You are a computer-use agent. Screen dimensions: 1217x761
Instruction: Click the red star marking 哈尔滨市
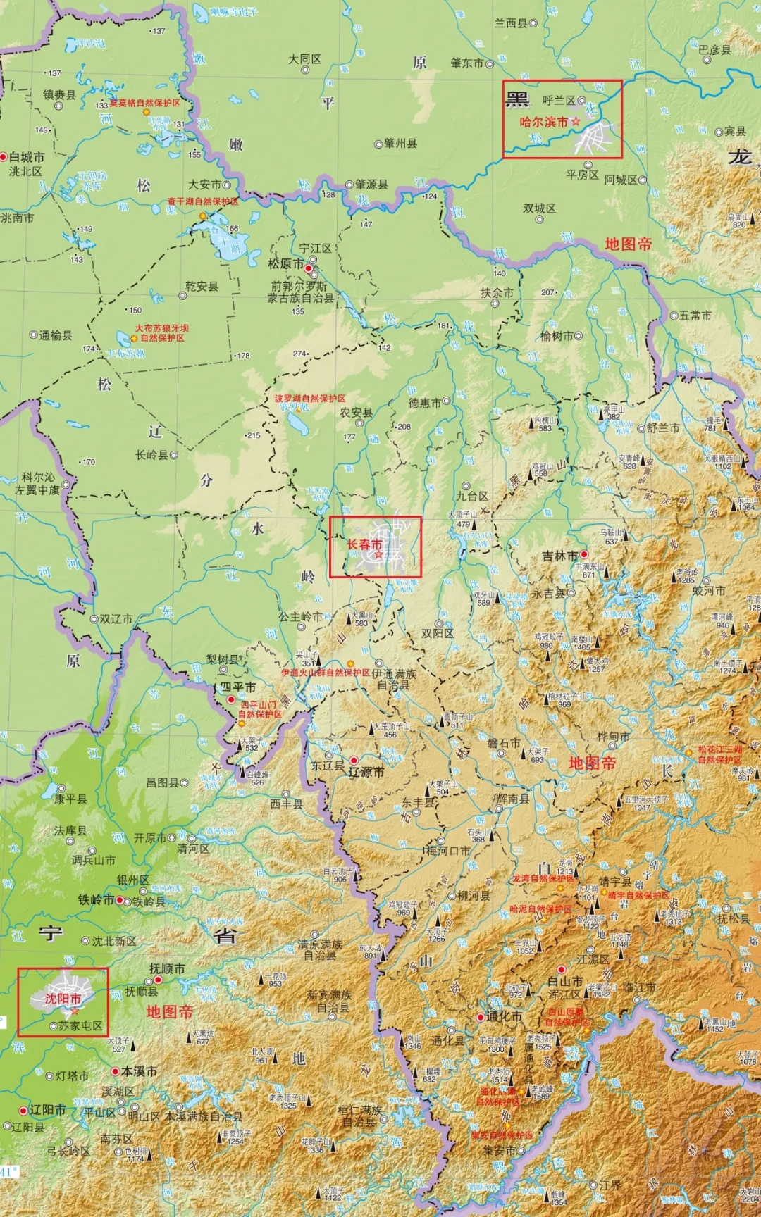tap(576, 122)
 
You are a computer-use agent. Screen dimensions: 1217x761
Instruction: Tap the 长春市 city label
tap(364, 544)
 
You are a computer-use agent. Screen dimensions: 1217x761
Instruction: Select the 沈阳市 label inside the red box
tap(63, 999)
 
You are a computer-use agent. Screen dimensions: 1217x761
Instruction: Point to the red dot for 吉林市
tap(583, 555)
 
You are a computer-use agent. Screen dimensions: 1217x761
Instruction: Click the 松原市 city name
tap(285, 264)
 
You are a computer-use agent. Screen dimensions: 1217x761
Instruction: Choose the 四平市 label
tap(238, 687)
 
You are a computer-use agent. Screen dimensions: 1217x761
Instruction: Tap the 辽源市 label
tap(366, 772)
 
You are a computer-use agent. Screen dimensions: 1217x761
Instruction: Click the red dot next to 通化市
tap(481, 1017)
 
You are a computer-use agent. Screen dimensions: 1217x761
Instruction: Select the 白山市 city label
tap(564, 981)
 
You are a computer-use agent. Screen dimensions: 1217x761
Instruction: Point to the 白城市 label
tap(27, 157)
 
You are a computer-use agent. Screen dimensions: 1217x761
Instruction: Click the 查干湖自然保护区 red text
tap(202, 201)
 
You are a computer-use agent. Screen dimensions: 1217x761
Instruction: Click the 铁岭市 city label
tap(96, 899)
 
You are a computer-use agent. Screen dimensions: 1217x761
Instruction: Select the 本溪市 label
tap(139, 1071)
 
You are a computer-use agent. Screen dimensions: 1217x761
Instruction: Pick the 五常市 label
tap(695, 315)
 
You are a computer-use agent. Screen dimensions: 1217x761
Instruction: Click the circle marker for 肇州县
tap(378, 144)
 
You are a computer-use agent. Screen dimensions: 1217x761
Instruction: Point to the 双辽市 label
tap(116, 619)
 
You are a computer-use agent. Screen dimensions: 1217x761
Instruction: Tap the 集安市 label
tap(499, 1150)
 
